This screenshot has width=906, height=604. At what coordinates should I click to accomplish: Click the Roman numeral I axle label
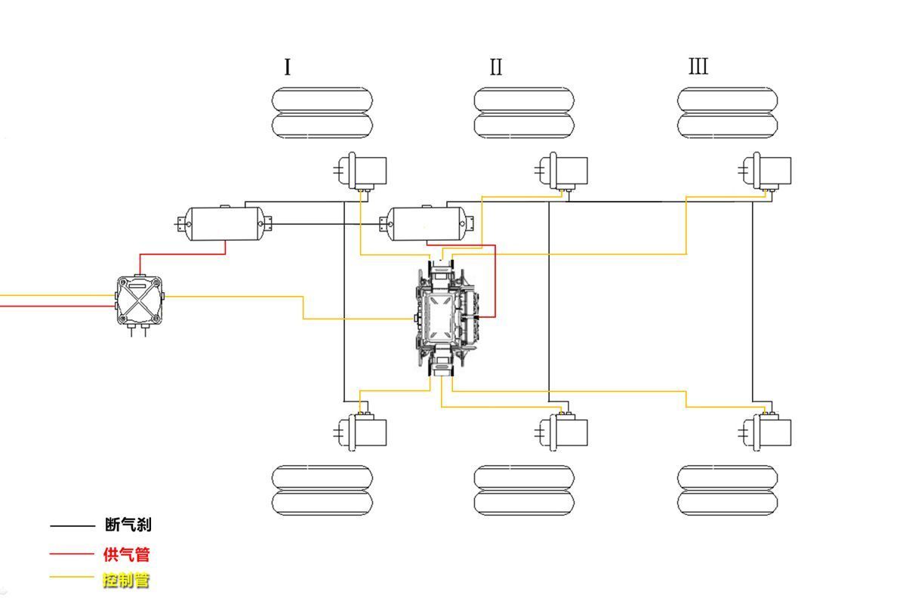click(288, 67)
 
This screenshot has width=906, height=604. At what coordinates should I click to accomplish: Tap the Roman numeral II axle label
click(496, 67)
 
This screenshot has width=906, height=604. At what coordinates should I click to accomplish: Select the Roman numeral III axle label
click(698, 66)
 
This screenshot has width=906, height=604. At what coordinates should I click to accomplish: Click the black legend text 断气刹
click(128, 525)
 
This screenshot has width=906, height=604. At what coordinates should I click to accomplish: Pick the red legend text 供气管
click(127, 554)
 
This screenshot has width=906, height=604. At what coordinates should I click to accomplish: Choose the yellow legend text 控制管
click(126, 580)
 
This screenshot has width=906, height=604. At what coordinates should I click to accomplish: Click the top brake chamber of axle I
click(360, 171)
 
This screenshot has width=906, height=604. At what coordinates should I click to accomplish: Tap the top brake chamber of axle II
click(561, 171)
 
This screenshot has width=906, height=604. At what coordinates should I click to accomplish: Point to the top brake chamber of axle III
click(764, 171)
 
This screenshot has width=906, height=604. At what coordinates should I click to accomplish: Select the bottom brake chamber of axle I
click(360, 431)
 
